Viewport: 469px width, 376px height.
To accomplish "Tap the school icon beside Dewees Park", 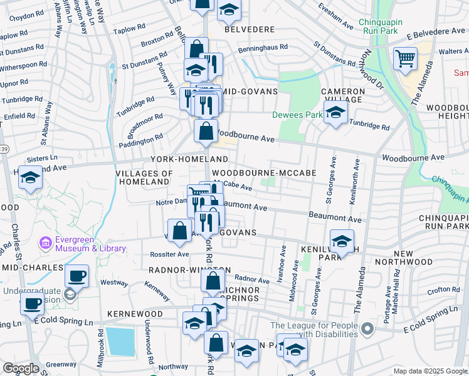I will [x=336, y=113].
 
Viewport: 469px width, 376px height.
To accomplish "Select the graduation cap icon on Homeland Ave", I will [x=30, y=178].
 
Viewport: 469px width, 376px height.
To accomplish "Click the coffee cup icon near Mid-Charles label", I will [x=76, y=275].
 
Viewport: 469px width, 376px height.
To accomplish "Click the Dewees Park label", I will [x=297, y=115].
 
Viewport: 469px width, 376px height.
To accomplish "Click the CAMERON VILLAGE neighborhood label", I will [x=343, y=95].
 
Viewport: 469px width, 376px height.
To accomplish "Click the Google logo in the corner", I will [x=21, y=368].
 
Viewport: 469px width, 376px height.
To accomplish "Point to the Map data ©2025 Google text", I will [x=430, y=371].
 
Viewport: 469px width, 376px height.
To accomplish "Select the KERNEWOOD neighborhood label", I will [x=135, y=313].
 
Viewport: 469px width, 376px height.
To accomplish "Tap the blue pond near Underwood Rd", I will [x=120, y=340].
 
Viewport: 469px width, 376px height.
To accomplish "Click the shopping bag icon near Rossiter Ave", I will [x=180, y=230].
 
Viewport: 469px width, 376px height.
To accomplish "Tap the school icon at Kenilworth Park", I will [x=342, y=241].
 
